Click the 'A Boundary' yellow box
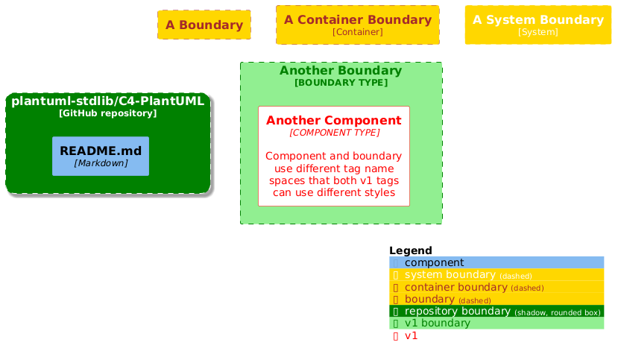(x=204, y=25)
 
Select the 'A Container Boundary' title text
(x=358, y=19)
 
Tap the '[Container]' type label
(x=358, y=32)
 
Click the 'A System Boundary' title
(x=538, y=19)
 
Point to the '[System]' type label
(x=538, y=32)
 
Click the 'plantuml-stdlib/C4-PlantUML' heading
(x=108, y=101)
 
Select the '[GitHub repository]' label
(x=108, y=113)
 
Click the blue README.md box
(x=101, y=156)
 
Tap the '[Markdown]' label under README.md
(x=101, y=162)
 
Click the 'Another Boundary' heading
(x=341, y=71)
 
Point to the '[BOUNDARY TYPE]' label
(x=341, y=83)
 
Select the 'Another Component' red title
(x=334, y=121)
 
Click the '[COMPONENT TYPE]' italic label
(x=334, y=133)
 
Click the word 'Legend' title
(x=411, y=250)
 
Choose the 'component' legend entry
(x=434, y=262)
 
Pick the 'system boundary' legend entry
(x=450, y=275)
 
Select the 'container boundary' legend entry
(x=455, y=287)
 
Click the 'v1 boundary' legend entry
(x=438, y=323)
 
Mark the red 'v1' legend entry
(x=411, y=335)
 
